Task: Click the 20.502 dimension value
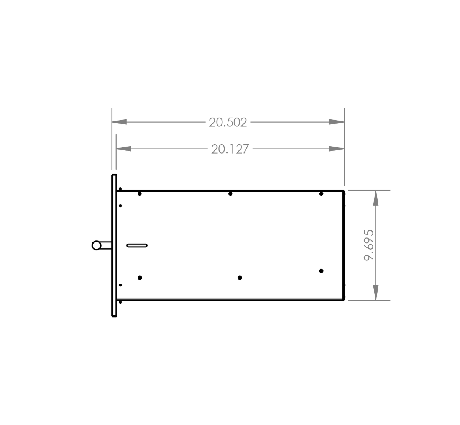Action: (x=228, y=123)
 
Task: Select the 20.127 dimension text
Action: (x=230, y=149)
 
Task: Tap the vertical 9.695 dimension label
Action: (x=369, y=245)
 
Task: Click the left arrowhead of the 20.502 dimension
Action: (x=119, y=122)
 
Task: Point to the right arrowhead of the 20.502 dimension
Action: (x=337, y=122)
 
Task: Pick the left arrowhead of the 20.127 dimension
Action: (x=123, y=149)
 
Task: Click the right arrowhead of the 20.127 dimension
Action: (x=337, y=149)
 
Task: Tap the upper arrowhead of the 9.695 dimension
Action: (x=376, y=198)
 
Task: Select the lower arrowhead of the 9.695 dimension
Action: (x=376, y=293)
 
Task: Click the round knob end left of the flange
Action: (x=96, y=245)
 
